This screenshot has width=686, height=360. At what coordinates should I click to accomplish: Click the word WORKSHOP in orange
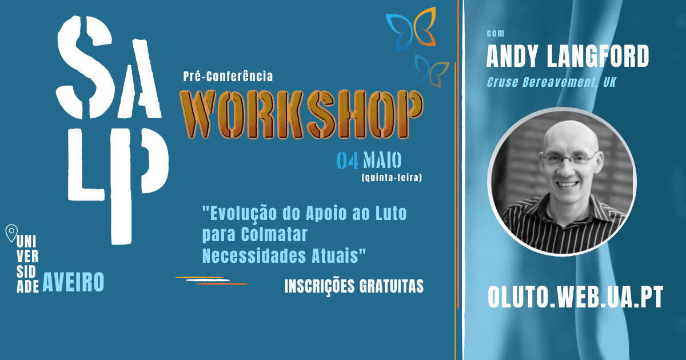pos(302,114)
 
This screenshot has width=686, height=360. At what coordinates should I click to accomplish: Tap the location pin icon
pos(11,233)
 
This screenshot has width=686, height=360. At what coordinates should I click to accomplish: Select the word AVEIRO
pos(73,282)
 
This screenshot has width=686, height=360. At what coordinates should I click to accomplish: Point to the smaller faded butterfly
pos(430,71)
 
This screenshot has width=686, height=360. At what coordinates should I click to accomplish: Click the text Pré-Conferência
pos(228,76)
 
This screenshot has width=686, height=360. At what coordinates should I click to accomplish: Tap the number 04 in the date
pos(348,161)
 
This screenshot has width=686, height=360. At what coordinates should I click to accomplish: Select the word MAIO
pos(382,160)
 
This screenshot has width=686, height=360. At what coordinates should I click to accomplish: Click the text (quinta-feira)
pos(392,178)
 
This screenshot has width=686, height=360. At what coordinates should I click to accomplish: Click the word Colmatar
pos(274,234)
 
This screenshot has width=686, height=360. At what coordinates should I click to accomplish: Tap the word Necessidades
pos(254,255)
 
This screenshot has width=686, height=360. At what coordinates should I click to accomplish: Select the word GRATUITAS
pos(392,286)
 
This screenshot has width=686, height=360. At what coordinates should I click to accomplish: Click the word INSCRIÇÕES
pos(319,286)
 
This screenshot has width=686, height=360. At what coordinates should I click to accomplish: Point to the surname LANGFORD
pos(598,56)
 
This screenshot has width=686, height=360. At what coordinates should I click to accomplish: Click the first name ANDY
pos(512,56)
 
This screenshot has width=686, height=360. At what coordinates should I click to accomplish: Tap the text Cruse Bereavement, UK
pos(551,82)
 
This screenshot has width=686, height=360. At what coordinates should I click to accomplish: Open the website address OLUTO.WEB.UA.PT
pos(575,297)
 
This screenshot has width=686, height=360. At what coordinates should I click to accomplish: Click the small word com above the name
pos(496,33)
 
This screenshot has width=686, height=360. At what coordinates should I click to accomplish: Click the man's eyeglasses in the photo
pos(569,159)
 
